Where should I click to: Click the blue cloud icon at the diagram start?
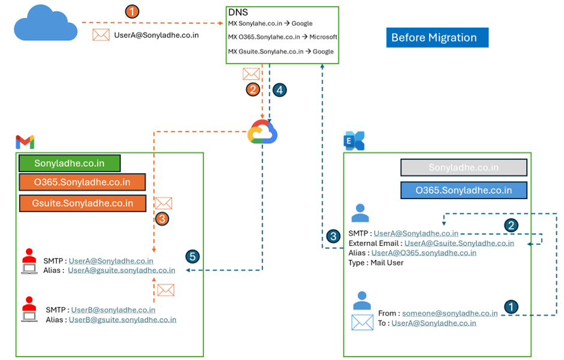[45, 25]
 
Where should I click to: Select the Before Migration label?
[437, 38]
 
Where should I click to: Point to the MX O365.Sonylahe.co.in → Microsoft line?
[283, 37]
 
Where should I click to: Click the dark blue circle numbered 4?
[279, 90]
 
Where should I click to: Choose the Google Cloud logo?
[263, 132]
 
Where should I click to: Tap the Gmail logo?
[25, 142]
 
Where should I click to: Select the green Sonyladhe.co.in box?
[70, 163]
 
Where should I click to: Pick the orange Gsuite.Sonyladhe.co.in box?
[83, 203]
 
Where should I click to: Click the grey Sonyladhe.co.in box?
[464, 168]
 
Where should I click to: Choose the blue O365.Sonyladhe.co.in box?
[464, 190]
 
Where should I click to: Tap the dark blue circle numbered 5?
[192, 257]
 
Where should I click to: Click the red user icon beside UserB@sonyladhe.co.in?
[29, 307]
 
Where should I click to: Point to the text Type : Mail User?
[376, 262]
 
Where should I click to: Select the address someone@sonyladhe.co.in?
[449, 313]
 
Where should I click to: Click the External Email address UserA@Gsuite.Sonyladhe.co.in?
[459, 243]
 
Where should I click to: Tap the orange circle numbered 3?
[161, 219]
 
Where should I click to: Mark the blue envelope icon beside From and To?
[362, 322]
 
